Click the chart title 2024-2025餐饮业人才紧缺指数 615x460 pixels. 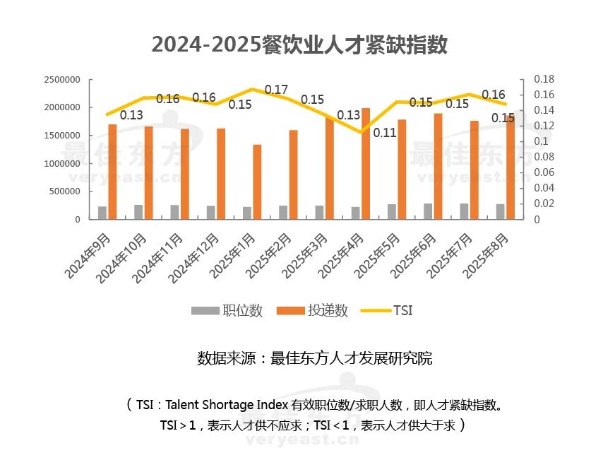point(300,44)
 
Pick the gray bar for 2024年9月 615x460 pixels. point(102,213)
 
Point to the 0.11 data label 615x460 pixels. point(385,132)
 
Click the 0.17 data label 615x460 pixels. point(276,90)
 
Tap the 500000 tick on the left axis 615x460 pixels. point(64,191)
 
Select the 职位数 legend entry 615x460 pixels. point(227,311)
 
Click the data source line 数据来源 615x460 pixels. point(314,358)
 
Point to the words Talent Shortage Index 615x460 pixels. point(227,405)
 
